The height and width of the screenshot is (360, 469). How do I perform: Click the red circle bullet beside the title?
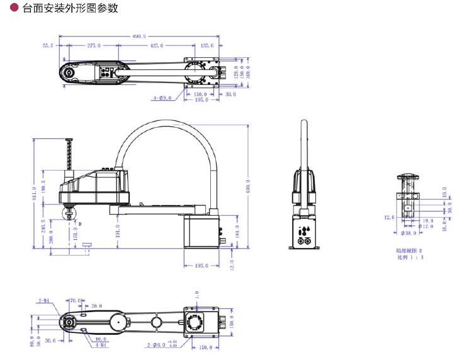14,9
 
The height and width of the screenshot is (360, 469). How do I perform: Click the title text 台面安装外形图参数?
70,9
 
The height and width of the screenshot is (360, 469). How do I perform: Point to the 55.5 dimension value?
48,46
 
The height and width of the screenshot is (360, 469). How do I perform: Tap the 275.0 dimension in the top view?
94,46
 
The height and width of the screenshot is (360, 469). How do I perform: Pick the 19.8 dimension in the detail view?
427,221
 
